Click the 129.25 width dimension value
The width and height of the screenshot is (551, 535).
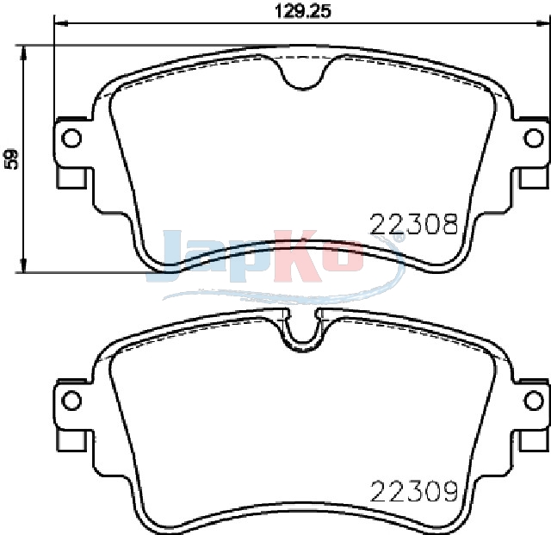[x=302, y=12]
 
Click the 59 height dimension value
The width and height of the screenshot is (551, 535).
[x=11, y=159]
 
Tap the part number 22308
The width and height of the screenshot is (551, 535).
[x=414, y=224]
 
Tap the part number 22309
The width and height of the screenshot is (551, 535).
[x=414, y=491]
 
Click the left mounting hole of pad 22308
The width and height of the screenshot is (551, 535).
[x=71, y=138]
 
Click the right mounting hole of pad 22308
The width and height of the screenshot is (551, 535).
[x=534, y=138]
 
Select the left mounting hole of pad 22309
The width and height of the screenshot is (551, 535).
[x=71, y=400]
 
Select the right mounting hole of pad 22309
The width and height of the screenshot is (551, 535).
[x=534, y=400]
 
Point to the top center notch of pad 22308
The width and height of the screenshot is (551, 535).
[x=302, y=73]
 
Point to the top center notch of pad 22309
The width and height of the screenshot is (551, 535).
[x=302, y=330]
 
